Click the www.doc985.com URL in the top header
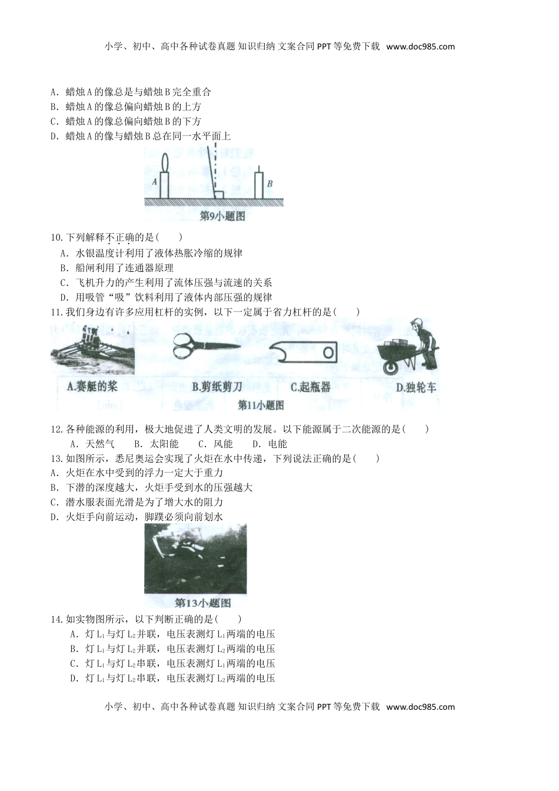tap(420, 47)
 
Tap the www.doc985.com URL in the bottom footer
tap(420, 707)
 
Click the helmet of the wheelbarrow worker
tap(418, 323)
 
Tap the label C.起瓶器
tap(311, 387)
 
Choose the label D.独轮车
tap(415, 387)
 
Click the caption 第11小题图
tap(260, 406)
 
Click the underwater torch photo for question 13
tap(195, 558)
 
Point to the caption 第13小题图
tap(203, 603)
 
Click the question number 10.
tap(57, 238)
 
